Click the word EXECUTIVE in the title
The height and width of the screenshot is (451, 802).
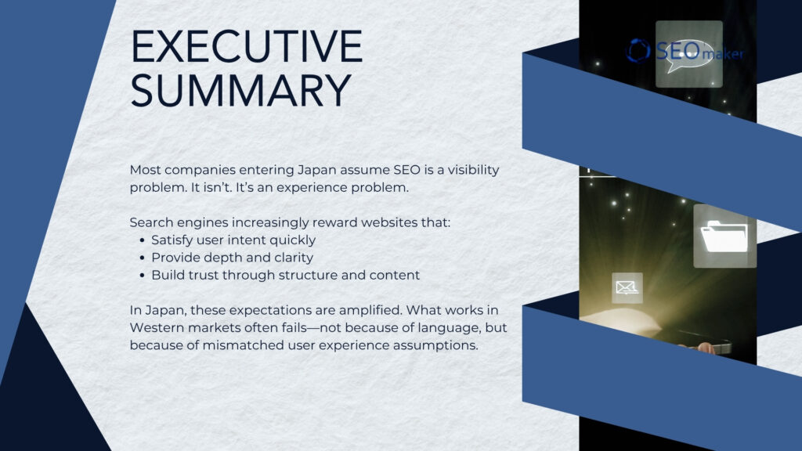(246, 48)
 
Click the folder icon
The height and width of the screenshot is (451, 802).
(724, 236)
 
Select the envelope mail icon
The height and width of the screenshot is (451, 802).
(627, 288)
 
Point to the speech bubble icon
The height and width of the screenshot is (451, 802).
(688, 54)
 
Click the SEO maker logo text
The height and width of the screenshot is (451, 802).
(685, 52)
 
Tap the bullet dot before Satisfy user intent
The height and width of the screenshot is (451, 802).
(141, 240)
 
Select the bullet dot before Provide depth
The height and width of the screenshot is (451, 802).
(141, 258)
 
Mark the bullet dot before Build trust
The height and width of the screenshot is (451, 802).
(141, 276)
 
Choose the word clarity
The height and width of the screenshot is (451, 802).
(294, 258)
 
